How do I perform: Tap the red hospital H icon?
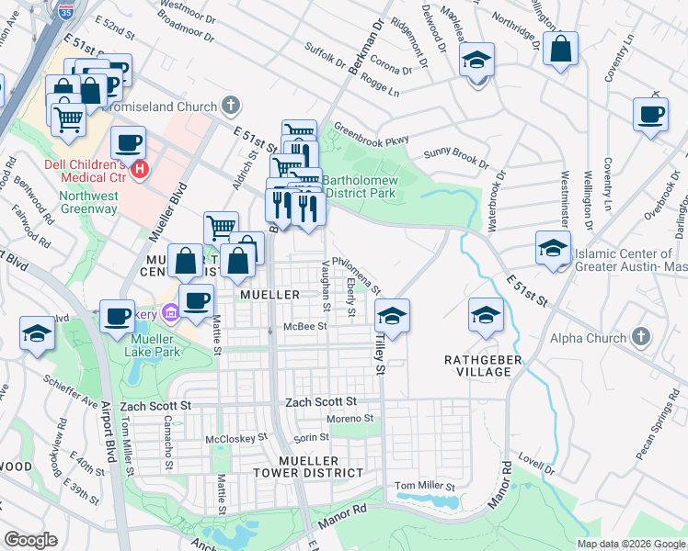coord(140,169)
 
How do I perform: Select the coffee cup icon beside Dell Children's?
coord(129,144)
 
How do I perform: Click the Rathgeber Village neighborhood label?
coord(477,365)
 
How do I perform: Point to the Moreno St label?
coord(350,419)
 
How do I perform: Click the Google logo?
coord(30,540)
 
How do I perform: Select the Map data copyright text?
coord(631,544)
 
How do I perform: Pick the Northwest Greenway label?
coord(88,202)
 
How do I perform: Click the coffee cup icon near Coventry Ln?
coord(651,115)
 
